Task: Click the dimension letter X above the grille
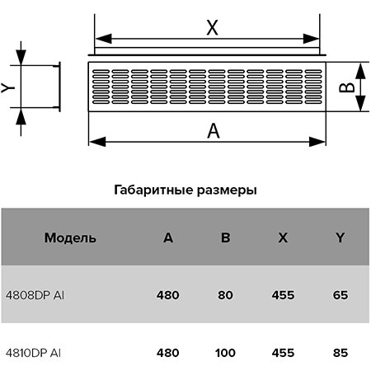pyautogui.click(x=213, y=27)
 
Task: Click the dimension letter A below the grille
pyautogui.click(x=214, y=131)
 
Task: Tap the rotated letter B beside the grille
pyautogui.click(x=347, y=87)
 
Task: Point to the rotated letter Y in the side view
pyautogui.click(x=8, y=87)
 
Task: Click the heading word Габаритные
pyautogui.click(x=153, y=190)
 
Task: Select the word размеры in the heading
pyautogui.click(x=227, y=190)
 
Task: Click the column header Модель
pyautogui.click(x=70, y=238)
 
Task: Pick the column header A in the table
pyautogui.click(x=168, y=237)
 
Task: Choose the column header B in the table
pyautogui.click(x=226, y=237)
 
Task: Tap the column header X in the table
pyautogui.click(x=283, y=237)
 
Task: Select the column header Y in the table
pyautogui.click(x=340, y=237)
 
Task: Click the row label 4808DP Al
pyautogui.click(x=35, y=295)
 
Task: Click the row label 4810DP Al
pyautogui.click(x=33, y=353)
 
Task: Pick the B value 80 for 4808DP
pyautogui.click(x=226, y=295)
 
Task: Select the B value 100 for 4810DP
pyautogui.click(x=225, y=353)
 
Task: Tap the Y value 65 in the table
pyautogui.click(x=340, y=295)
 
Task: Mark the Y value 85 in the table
pyautogui.click(x=340, y=353)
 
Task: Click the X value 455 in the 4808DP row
pyautogui.click(x=283, y=295)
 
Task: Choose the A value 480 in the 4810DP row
pyautogui.click(x=168, y=353)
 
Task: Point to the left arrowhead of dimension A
pyautogui.click(x=97, y=142)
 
